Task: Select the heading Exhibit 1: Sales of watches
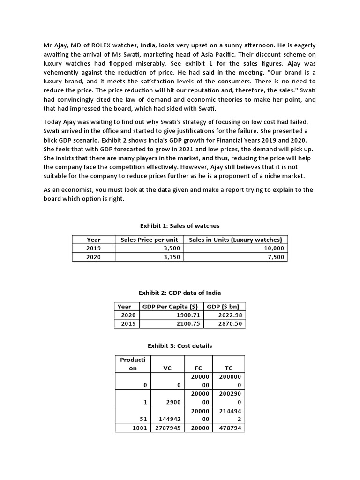pyautogui.click(x=180, y=226)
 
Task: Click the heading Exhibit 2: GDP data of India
pyautogui.click(x=180, y=292)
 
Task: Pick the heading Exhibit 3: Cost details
pyautogui.click(x=180, y=346)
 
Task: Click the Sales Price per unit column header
pyautogui.click(x=149, y=240)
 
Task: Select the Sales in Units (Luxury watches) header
pyautogui.click(x=235, y=240)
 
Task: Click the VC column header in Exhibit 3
pyautogui.click(x=167, y=368)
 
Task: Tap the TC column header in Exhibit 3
pyautogui.click(x=229, y=368)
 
